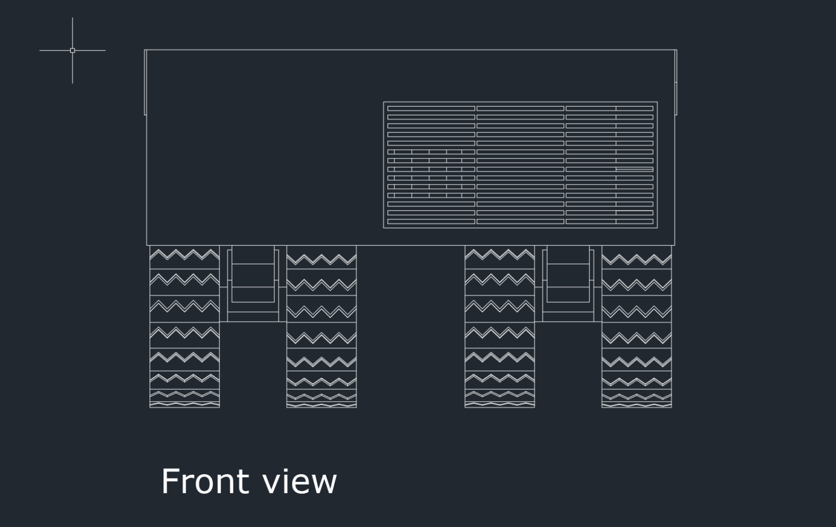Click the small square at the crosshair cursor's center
72,51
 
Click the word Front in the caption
205,481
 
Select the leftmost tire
185,327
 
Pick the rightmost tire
637,327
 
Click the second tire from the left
321,327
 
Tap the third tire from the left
500,327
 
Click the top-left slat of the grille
431,108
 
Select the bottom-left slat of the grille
431,222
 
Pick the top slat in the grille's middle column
520,108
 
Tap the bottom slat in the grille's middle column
520,222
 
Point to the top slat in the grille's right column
610,108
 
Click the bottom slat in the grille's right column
610,222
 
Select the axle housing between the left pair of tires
253,284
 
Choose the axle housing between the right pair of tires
568,284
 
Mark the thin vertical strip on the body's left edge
145,82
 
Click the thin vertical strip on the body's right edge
676,82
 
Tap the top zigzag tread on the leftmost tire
185,255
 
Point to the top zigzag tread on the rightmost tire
637,259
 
